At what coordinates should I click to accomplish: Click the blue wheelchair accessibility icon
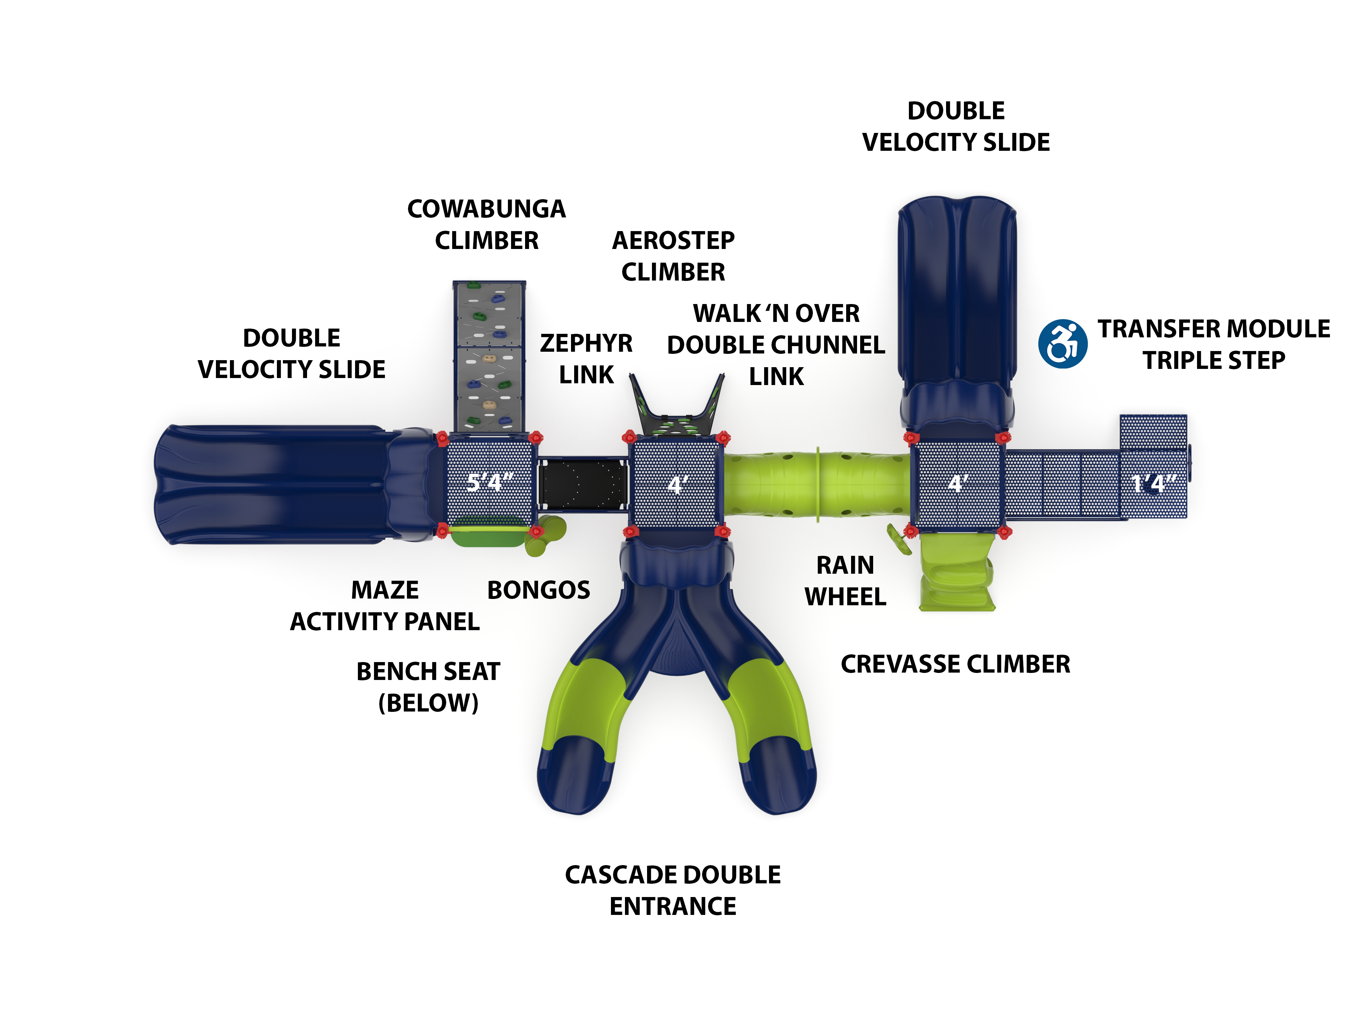[x=1062, y=344]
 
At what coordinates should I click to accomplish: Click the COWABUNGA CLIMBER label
[x=486, y=224]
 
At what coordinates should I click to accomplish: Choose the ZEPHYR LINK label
[x=586, y=359]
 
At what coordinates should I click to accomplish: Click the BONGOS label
[x=538, y=590]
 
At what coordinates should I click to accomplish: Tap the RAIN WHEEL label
[x=845, y=581]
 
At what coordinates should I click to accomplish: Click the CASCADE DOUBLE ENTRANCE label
[x=672, y=890]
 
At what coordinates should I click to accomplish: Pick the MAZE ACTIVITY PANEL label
[x=385, y=606]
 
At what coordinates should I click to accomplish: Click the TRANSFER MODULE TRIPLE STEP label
[x=1214, y=344]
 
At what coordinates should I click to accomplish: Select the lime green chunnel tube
[x=815, y=484]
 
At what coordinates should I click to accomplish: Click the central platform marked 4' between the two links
[x=675, y=484]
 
